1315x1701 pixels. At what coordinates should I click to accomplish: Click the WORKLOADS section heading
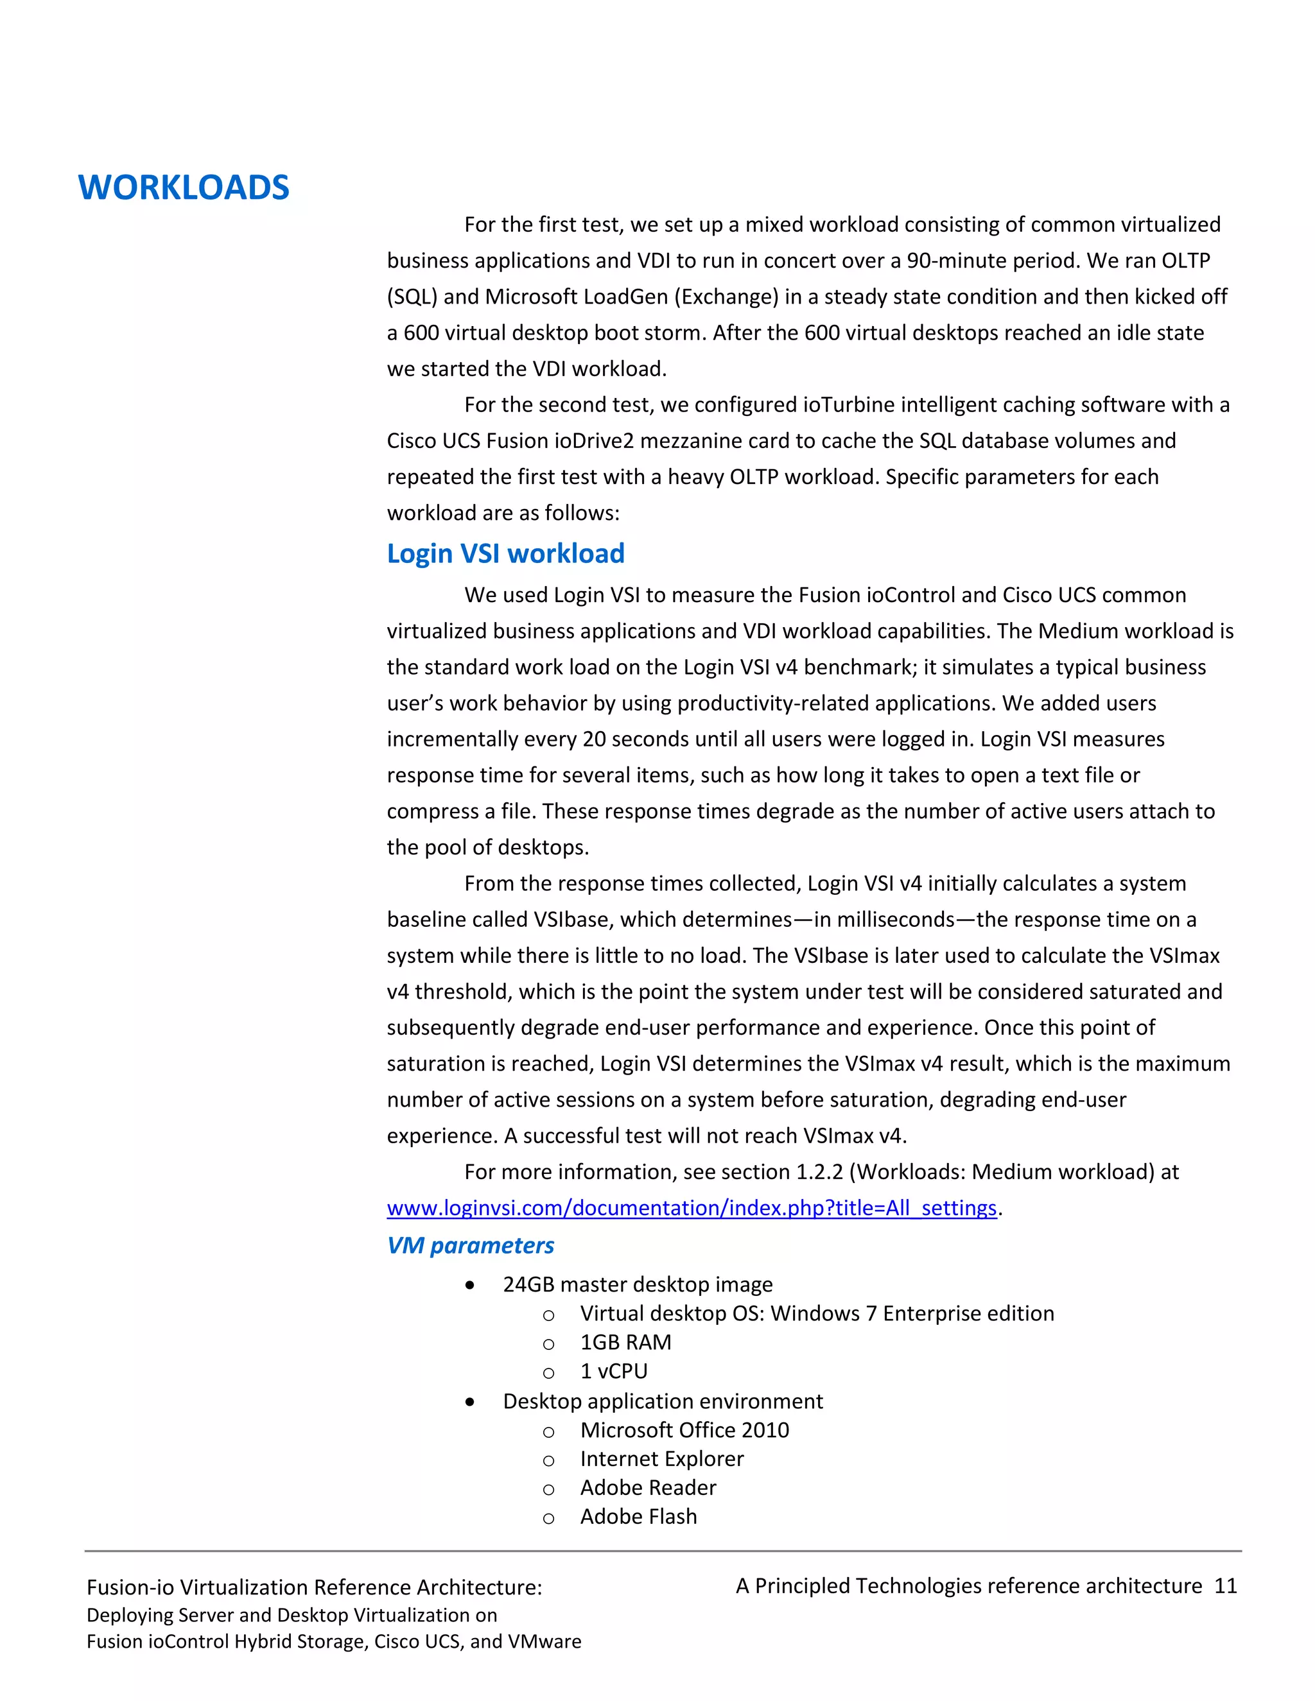coord(184,187)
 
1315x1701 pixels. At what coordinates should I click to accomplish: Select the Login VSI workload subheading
coord(505,554)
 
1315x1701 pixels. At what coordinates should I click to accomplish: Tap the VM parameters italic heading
coord(470,1245)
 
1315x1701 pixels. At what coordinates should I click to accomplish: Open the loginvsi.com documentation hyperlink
coord(692,1208)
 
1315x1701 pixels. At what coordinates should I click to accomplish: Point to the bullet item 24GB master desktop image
coord(637,1284)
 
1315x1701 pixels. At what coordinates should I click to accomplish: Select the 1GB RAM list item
coord(625,1342)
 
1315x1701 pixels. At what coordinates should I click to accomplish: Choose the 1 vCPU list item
coord(614,1371)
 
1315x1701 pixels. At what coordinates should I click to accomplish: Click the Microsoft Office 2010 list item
coord(684,1430)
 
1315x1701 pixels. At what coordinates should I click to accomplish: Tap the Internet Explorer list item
coord(661,1459)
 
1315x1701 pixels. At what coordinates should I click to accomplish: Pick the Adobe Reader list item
coord(647,1488)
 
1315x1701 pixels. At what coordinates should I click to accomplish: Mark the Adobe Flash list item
coord(638,1516)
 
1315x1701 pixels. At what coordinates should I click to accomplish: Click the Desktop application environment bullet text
coord(662,1401)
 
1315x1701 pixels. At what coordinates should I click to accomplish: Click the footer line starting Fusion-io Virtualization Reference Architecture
coord(314,1587)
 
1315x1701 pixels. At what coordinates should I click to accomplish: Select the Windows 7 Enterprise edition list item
coord(817,1313)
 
